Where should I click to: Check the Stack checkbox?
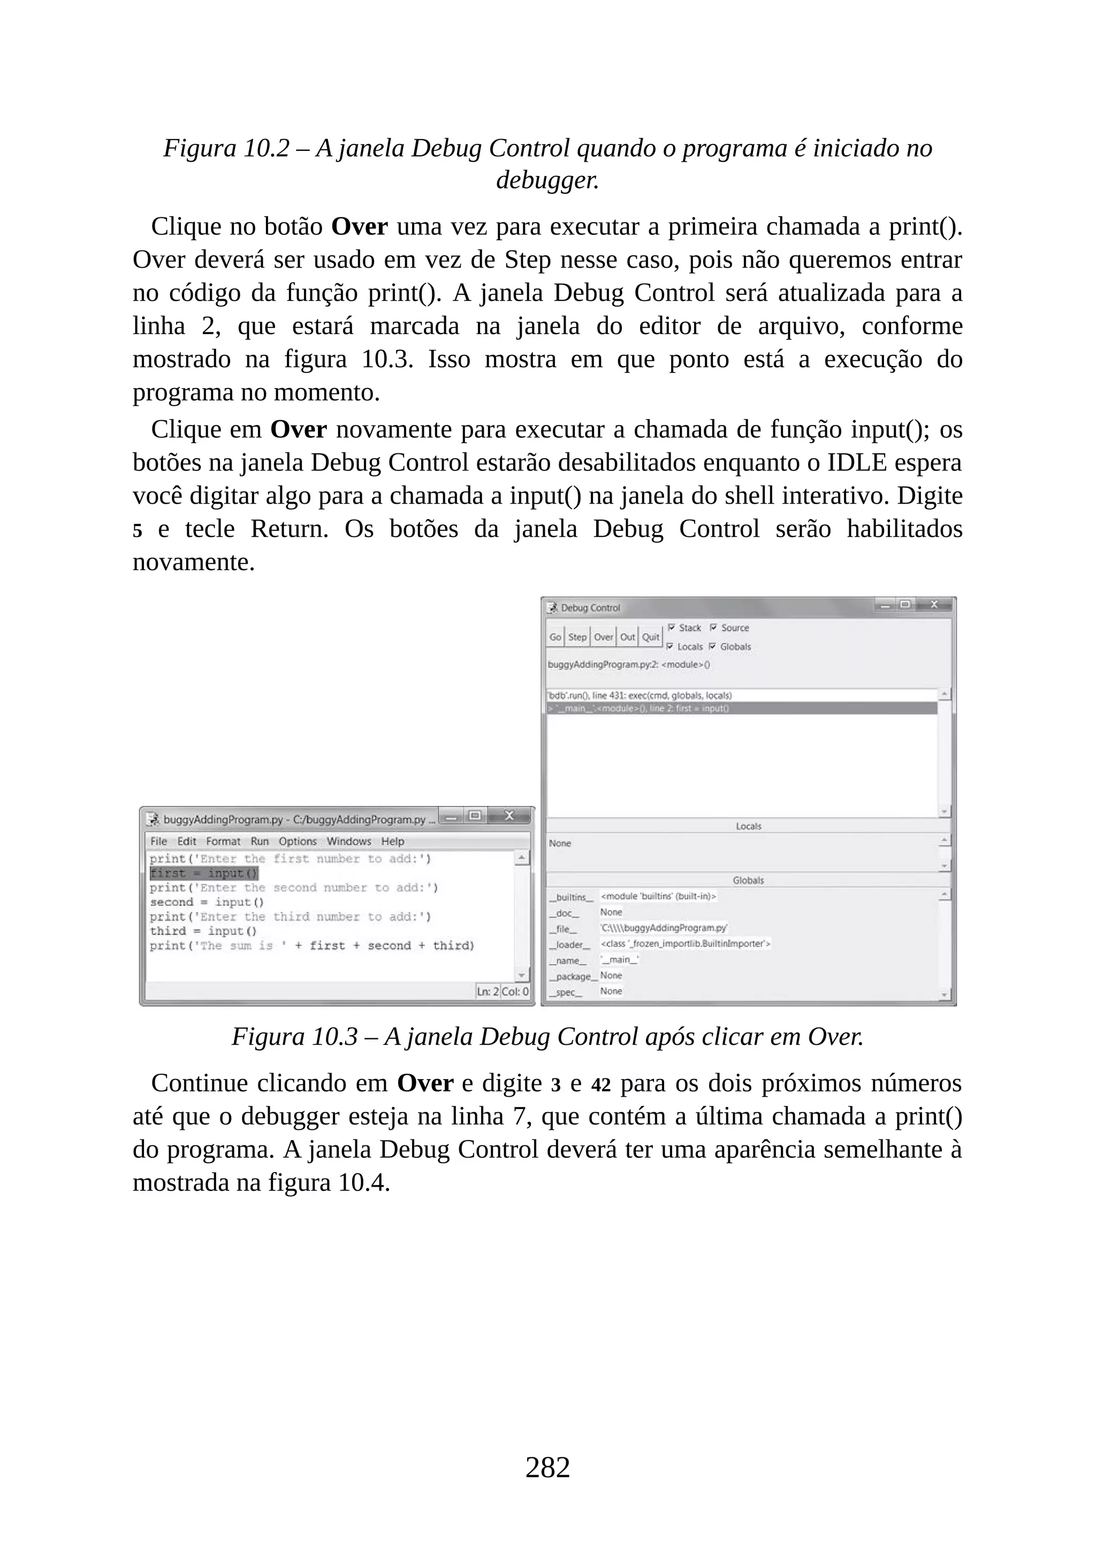click(672, 628)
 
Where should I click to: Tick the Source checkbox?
click(713, 628)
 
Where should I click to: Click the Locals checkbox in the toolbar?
click(670, 647)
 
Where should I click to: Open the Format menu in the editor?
click(223, 841)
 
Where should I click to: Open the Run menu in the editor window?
click(259, 841)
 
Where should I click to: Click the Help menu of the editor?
click(392, 841)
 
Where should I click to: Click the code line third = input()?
click(202, 931)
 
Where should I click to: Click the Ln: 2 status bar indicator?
click(488, 992)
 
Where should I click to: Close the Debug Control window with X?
click(934, 605)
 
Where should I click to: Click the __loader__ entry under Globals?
click(570, 945)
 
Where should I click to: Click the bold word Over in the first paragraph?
click(359, 227)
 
